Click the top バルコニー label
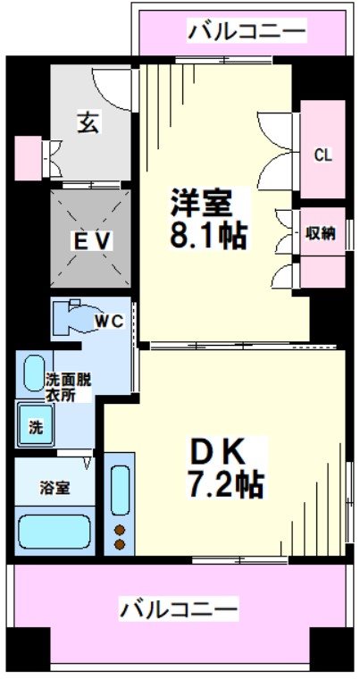(247, 33)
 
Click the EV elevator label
(91, 240)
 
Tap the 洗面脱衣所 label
(67, 383)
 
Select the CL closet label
(322, 155)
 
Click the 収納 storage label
(321, 235)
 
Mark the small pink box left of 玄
(27, 158)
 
